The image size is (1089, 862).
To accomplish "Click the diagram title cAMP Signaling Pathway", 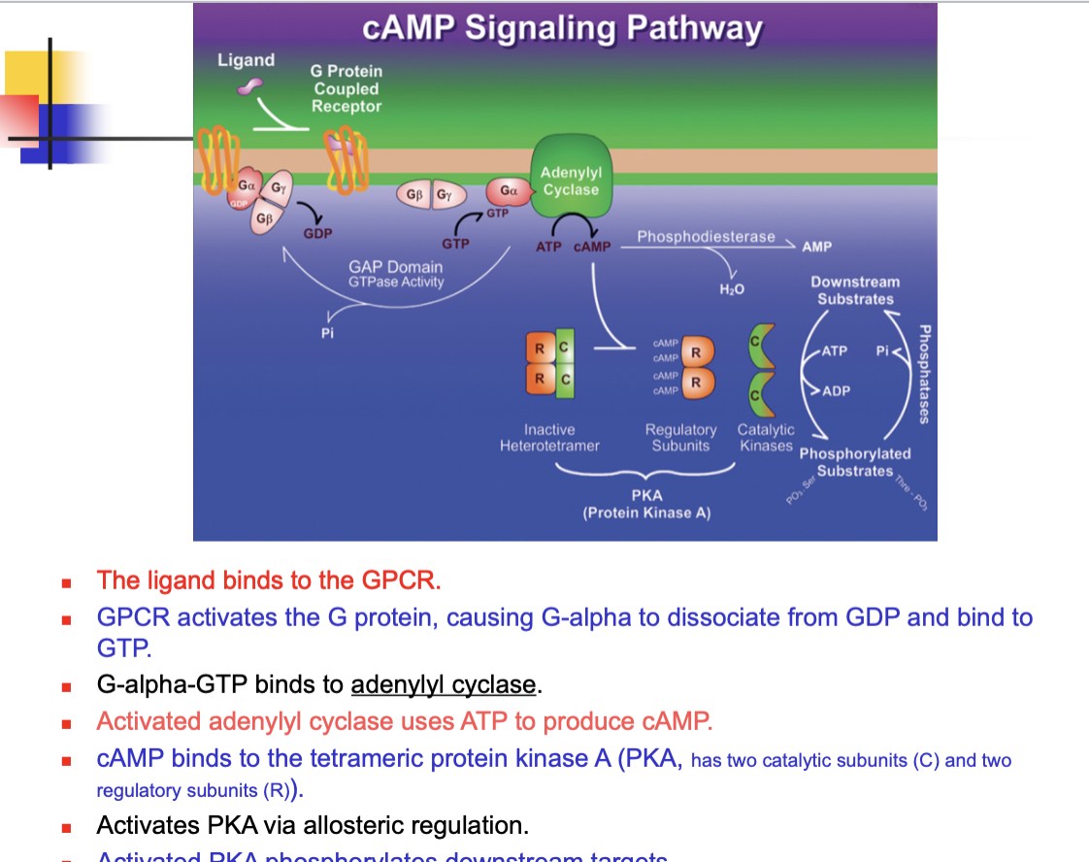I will tap(563, 27).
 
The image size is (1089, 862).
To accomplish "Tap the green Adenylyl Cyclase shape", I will tap(571, 175).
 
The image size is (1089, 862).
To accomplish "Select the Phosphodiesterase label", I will tap(706, 237).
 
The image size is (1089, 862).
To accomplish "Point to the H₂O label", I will tap(732, 288).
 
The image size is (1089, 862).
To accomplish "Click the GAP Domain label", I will tap(395, 267).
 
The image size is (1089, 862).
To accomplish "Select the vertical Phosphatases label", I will tap(924, 374).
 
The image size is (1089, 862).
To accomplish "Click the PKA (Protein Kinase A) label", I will tap(646, 504).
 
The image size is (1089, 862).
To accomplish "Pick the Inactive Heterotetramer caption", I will tap(549, 438).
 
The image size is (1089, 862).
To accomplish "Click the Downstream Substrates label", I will tap(855, 290).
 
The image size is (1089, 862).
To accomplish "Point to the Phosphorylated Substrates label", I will tap(855, 462).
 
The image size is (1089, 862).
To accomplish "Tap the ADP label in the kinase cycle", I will tap(836, 391).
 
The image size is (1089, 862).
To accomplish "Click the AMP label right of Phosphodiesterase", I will tap(816, 248).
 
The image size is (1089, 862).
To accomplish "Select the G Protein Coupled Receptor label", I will tap(346, 88).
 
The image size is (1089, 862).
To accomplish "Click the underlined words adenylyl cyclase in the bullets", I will tap(444, 685).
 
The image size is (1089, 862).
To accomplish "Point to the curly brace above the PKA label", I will tap(645, 473).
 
